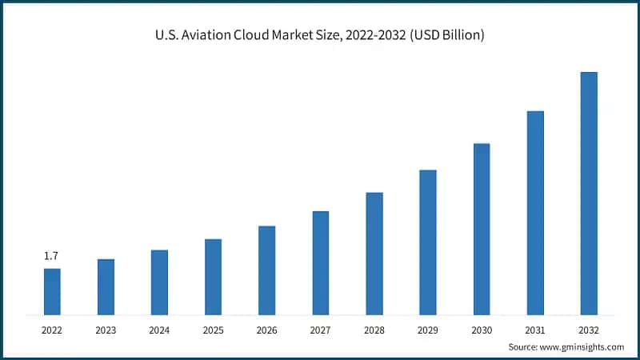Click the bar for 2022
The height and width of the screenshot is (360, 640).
(x=52, y=291)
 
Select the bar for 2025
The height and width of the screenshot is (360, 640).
(x=213, y=276)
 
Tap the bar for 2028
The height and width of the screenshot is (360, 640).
(x=374, y=253)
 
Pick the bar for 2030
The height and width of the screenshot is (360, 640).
(x=482, y=229)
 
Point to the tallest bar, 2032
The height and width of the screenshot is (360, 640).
(x=589, y=193)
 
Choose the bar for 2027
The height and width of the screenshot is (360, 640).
(x=321, y=262)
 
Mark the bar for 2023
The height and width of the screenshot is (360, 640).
(x=106, y=286)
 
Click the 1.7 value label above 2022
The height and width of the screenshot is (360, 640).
(x=51, y=256)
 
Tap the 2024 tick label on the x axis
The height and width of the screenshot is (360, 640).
(x=159, y=330)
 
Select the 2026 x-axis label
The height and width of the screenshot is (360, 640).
(x=266, y=330)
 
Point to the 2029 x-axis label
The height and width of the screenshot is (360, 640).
(x=428, y=330)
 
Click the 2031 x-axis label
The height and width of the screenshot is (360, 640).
(x=535, y=330)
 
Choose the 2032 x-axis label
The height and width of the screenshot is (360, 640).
(x=589, y=330)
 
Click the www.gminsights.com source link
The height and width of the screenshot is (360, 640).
(x=582, y=346)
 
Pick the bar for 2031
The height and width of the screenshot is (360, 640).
(x=535, y=212)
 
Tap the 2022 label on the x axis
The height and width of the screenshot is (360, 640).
(x=52, y=330)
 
